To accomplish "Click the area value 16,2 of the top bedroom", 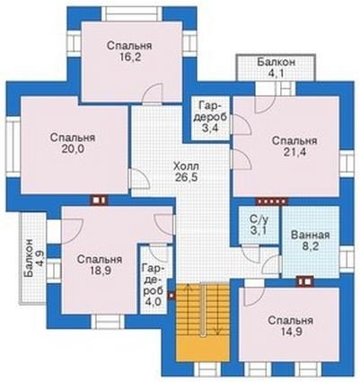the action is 129,58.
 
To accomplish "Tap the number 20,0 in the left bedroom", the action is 73,149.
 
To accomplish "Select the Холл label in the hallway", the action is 186,166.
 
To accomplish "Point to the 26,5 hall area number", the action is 186,177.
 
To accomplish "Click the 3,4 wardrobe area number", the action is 210,129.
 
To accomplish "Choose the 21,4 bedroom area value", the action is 294,152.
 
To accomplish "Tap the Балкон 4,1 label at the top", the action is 277,67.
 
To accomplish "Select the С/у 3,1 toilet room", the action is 259,225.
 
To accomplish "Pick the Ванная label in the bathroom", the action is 311,235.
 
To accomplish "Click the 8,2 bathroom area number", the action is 311,246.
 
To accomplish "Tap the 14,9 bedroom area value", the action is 290,332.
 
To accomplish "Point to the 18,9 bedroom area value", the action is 100,271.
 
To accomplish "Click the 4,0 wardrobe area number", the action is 154,300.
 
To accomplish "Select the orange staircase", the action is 202,322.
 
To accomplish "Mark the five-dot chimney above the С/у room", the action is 271,201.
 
